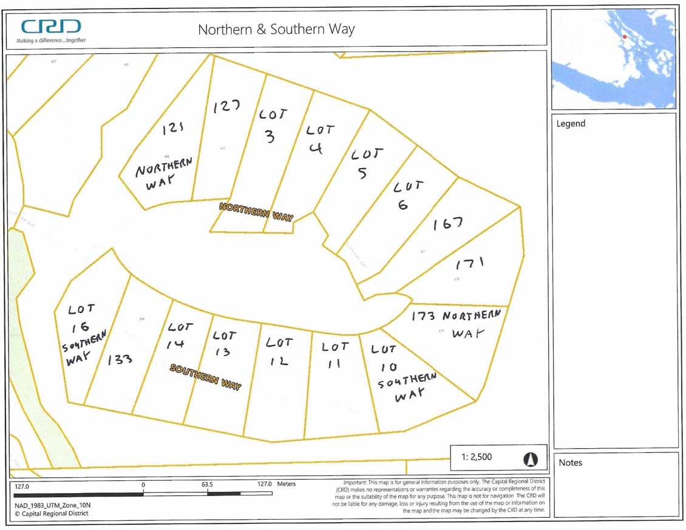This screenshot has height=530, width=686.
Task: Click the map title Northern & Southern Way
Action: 276,29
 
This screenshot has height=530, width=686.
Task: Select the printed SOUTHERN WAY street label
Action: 205,377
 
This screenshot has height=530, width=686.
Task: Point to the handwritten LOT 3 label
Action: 271,126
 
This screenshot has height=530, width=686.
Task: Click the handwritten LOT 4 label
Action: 319,139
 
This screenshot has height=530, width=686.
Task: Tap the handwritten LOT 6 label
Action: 407,195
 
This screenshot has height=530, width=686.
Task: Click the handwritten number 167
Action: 448,224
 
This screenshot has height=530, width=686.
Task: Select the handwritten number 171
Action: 470,263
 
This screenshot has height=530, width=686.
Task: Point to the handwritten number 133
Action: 120,360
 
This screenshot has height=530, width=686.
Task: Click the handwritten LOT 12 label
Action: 279,351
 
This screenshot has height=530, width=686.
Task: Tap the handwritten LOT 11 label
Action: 335,355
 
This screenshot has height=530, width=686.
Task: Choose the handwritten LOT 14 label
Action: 180,335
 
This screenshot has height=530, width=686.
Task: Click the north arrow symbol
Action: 532,459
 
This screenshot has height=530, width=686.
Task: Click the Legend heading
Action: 571,124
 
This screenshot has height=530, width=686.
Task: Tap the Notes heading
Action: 570,463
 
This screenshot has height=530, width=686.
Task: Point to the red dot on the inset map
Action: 624,37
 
